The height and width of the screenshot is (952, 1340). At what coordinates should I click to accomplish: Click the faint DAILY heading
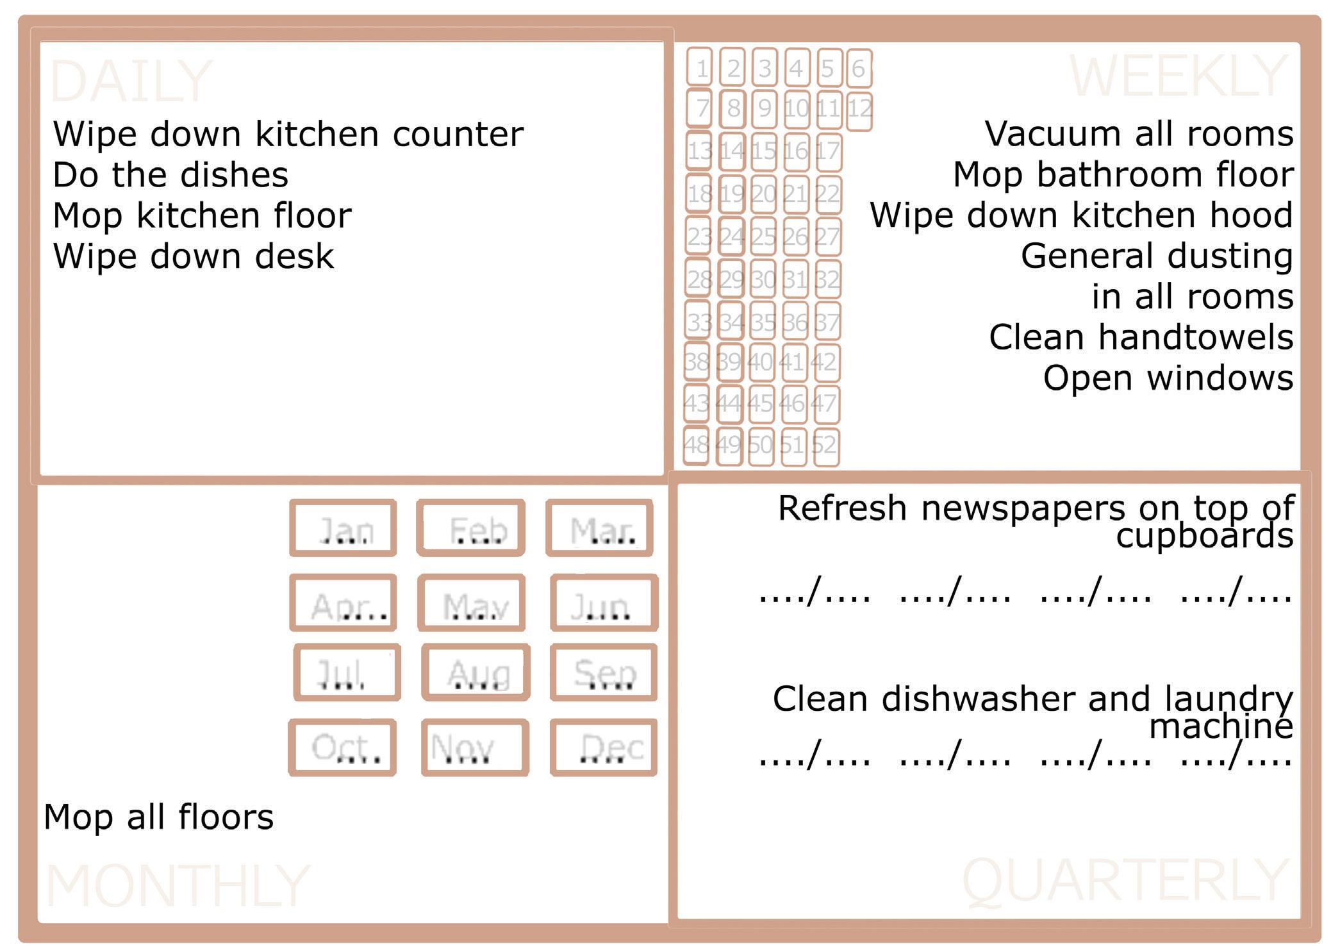coord(131,81)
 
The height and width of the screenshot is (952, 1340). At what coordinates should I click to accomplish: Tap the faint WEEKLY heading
coord(1178,76)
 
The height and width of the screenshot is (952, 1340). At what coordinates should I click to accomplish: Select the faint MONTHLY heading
coord(178,885)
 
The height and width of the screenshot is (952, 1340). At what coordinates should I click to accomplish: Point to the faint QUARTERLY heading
coord(1125,881)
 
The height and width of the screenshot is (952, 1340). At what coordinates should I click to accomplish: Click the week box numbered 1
coord(700,67)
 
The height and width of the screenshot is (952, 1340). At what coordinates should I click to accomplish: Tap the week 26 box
coord(795,237)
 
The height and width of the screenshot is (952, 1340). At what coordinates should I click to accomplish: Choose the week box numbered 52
coord(825,444)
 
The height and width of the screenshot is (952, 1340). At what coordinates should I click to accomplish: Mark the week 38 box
coord(697,362)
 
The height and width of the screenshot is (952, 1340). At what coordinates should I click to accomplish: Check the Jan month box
coord(343,528)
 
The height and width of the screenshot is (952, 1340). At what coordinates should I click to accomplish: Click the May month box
coord(472,603)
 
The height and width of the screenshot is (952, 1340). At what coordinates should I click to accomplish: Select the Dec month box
coord(604,747)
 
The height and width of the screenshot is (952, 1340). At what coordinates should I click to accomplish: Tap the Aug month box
coord(476,672)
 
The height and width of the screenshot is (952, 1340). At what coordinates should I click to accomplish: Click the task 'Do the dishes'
coord(170,174)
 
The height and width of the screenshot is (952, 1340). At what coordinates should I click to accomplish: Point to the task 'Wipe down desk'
coord(194,256)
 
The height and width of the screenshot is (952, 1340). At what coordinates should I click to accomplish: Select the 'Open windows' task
coord(1168,378)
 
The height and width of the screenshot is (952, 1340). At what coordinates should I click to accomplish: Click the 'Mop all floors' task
coord(159,817)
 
